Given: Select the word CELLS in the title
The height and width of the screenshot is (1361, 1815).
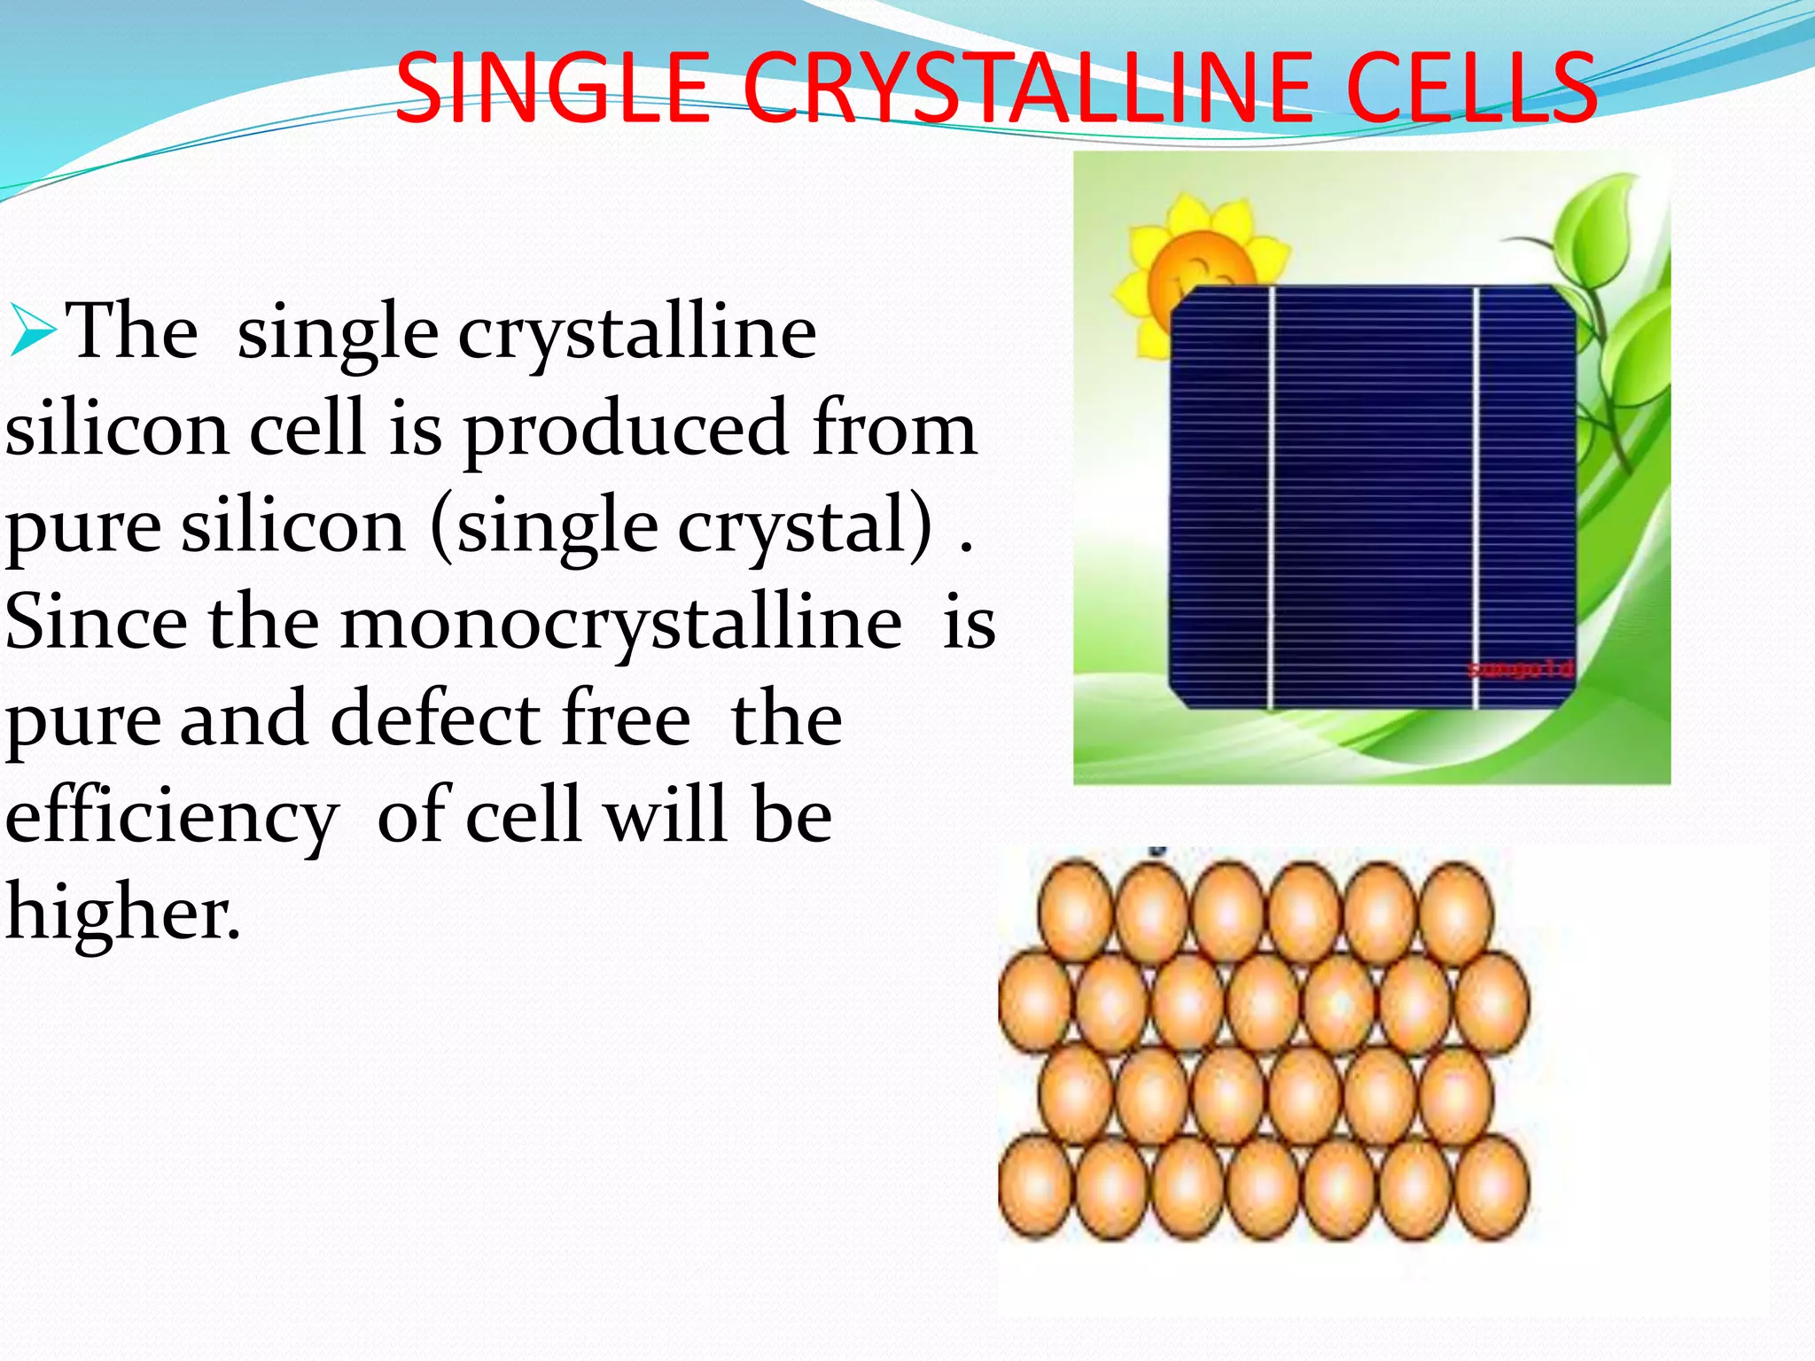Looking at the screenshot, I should [1471, 89].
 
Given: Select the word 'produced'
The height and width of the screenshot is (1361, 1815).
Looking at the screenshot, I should [626, 429].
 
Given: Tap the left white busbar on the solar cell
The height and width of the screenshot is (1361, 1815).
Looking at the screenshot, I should [1271, 496].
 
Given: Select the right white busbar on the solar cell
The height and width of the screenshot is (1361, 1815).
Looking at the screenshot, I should [1476, 496].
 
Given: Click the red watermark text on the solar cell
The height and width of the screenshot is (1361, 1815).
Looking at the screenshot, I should [1519, 668].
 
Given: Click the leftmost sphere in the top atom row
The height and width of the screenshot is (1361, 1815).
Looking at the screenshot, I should [1075, 913].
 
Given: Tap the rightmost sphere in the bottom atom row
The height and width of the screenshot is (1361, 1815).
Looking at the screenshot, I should [1492, 1187].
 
